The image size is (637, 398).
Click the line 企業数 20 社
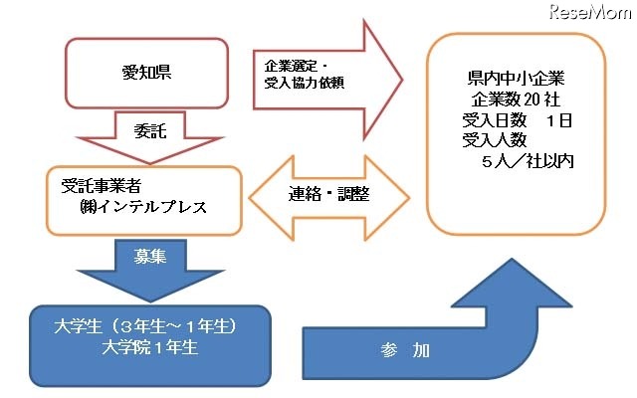[515, 100]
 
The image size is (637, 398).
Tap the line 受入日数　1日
[515, 120]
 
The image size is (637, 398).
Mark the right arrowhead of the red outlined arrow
[384, 72]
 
